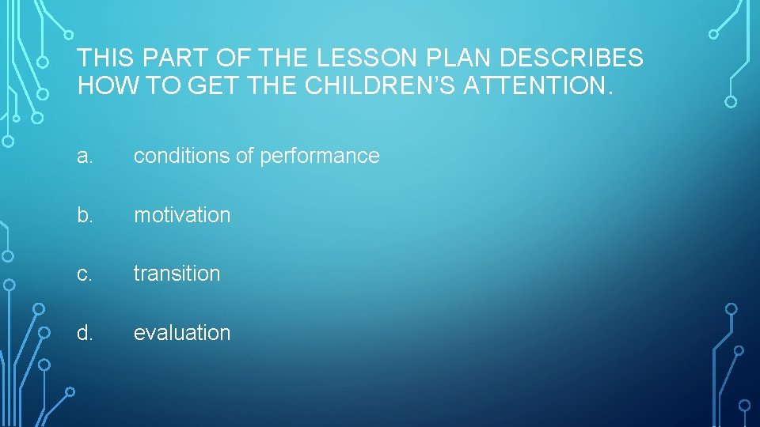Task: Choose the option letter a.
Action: [x=85, y=157]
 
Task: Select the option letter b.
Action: [x=85, y=215]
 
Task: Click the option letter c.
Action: [x=85, y=274]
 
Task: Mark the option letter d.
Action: [x=85, y=333]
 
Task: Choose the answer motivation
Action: [x=182, y=215]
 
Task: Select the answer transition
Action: [x=177, y=274]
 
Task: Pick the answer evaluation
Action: [x=182, y=333]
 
